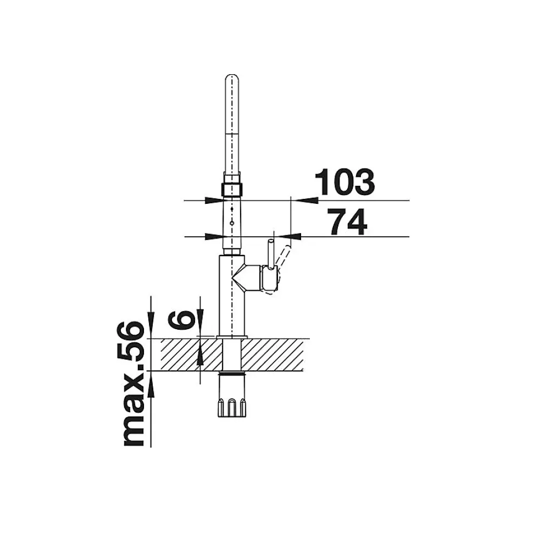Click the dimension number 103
[345, 182]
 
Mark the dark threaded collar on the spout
[232, 188]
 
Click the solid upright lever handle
[271, 254]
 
